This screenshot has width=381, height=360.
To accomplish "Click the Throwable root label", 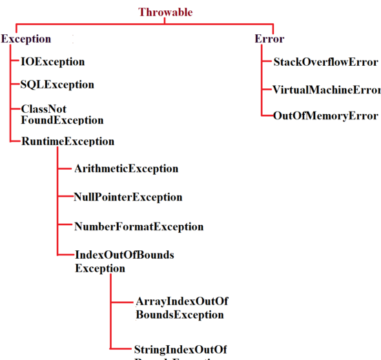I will click(166, 12).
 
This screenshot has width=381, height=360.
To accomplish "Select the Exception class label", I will click(26, 39).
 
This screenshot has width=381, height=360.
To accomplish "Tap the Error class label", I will click(269, 39).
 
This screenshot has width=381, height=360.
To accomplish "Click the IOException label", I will click(53, 62).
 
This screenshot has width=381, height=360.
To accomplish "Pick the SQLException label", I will click(57, 85).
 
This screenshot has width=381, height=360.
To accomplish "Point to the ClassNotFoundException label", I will click(61, 114).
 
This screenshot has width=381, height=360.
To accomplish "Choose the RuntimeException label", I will click(68, 141).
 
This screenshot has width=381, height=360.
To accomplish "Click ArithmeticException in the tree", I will click(126, 168).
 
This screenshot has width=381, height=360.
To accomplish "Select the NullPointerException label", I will click(128, 197).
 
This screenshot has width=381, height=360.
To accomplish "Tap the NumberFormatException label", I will click(139, 226).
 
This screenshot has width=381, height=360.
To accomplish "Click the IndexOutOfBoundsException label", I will click(124, 261).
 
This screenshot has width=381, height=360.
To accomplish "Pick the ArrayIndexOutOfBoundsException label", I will click(181, 308).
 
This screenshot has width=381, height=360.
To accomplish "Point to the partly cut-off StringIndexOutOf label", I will click(181, 349).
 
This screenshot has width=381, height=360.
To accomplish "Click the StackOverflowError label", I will click(325, 63).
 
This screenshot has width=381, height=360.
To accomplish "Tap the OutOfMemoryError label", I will click(325, 115).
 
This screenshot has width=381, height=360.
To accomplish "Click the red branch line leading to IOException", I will click(16, 62).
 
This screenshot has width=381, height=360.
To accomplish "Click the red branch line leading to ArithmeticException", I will click(65, 168).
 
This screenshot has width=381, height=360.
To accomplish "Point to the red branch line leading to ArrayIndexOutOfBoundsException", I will click(122, 301).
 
